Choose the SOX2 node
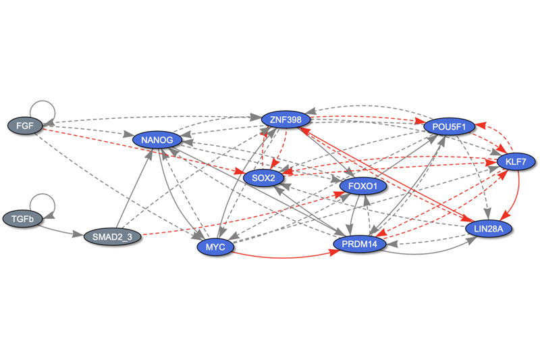click(x=263, y=178)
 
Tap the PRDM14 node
click(x=359, y=243)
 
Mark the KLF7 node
click(x=516, y=161)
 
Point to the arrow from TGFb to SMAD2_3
click(x=61, y=230)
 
